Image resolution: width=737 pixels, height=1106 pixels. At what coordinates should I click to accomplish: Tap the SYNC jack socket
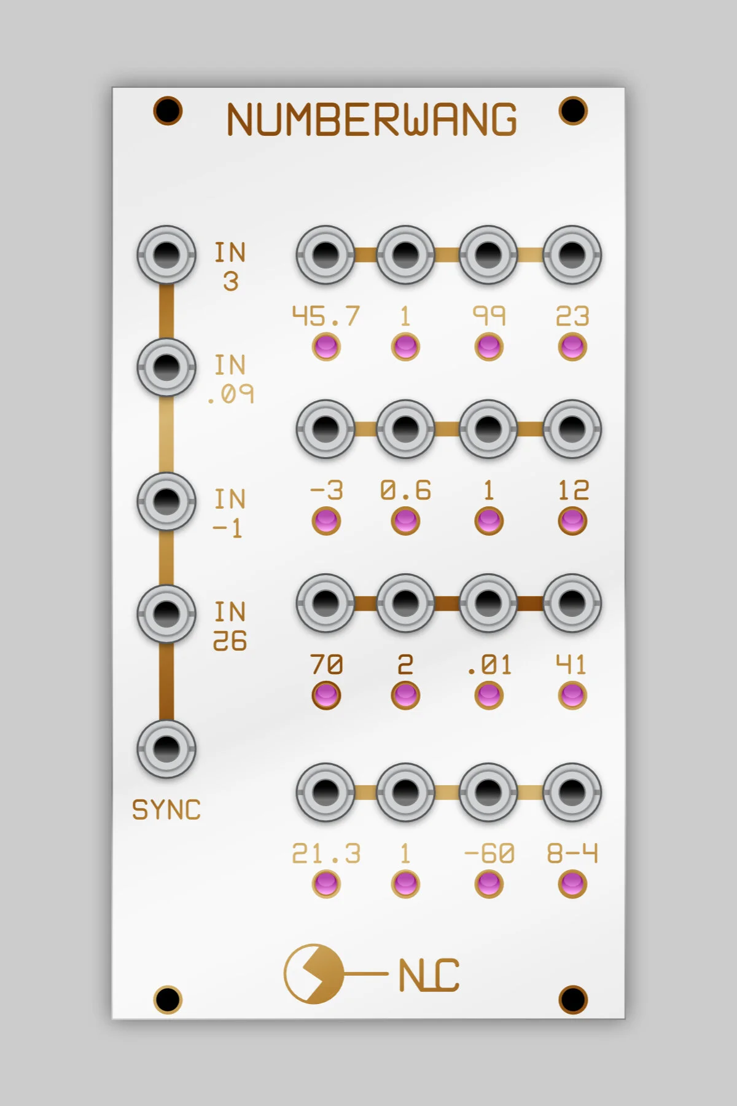pyautogui.click(x=166, y=748)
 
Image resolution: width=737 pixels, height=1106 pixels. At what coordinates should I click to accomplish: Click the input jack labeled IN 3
pyautogui.click(x=166, y=254)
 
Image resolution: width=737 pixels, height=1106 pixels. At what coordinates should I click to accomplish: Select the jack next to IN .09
pyautogui.click(x=166, y=367)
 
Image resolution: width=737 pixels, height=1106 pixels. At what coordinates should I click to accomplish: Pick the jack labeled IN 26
pyautogui.click(x=166, y=613)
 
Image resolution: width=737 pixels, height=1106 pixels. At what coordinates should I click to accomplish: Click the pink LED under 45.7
pyautogui.click(x=326, y=347)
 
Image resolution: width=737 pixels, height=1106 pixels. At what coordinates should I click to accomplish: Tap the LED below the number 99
pyautogui.click(x=489, y=347)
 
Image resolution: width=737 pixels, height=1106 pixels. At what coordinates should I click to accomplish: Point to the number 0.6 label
pyautogui.click(x=405, y=490)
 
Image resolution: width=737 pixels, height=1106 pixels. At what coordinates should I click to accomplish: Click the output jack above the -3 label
pyautogui.click(x=326, y=429)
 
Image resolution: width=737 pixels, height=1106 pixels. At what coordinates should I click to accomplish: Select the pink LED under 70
pyautogui.click(x=326, y=696)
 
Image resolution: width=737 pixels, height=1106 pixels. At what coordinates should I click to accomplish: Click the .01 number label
pyautogui.click(x=489, y=665)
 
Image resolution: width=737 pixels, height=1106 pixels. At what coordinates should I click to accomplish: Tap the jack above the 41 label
pyautogui.click(x=572, y=603)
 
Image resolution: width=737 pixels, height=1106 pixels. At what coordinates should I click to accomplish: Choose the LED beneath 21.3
pyautogui.click(x=326, y=884)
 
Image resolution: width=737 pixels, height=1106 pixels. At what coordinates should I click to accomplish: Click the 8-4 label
pyautogui.click(x=572, y=853)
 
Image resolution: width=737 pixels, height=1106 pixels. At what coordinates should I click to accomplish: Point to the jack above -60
pyautogui.click(x=488, y=792)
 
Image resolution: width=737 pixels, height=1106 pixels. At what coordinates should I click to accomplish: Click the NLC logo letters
pyautogui.click(x=429, y=975)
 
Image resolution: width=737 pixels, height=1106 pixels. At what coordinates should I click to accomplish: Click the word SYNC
pyautogui.click(x=166, y=810)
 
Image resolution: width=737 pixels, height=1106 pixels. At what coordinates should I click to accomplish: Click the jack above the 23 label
pyautogui.click(x=572, y=254)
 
